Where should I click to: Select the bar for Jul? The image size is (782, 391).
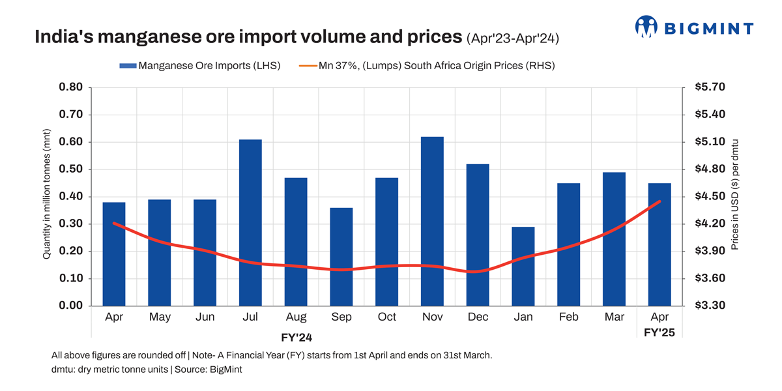click(250, 222)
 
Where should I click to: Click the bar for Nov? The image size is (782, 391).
click(432, 221)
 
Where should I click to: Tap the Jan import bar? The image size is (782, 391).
click(523, 266)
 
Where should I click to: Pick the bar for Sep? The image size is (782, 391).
click(341, 257)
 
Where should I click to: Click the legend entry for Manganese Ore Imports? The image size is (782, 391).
click(199, 65)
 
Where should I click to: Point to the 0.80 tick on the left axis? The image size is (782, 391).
click(70, 87)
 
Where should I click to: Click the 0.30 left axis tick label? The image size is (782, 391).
click(70, 224)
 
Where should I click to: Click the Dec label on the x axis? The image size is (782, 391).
click(478, 317)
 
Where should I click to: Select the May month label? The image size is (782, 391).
click(160, 317)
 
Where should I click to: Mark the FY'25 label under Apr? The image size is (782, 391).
click(659, 332)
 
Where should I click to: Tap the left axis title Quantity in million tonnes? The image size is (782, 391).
click(47, 197)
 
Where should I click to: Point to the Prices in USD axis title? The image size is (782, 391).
click(734, 195)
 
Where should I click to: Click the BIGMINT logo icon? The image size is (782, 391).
click(646, 27)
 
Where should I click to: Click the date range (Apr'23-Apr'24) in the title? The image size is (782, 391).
click(513, 39)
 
